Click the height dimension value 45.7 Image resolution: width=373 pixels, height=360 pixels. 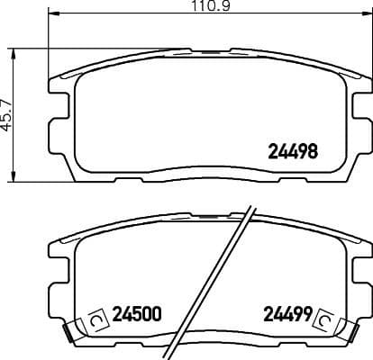[x=7, y=114]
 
